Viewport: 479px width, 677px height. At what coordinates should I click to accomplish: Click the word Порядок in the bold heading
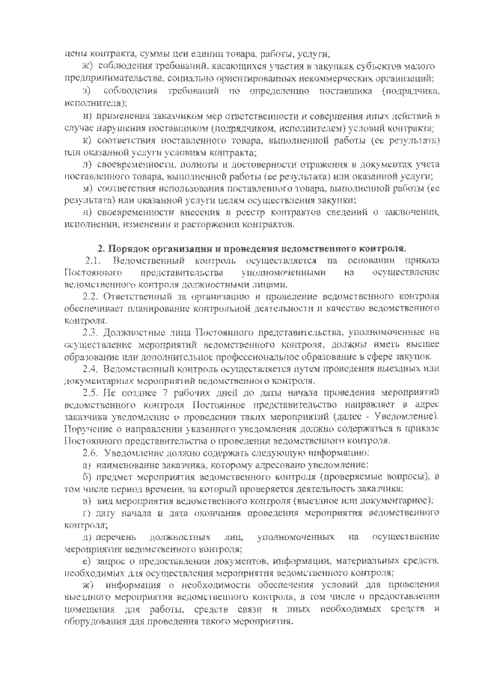tap(134, 248)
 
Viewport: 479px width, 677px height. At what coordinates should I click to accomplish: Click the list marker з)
tap(87, 91)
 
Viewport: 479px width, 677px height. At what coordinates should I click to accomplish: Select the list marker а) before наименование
tap(87, 465)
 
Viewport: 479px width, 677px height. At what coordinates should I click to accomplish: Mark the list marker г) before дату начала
tap(87, 515)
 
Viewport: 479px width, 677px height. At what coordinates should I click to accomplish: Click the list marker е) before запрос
tap(87, 563)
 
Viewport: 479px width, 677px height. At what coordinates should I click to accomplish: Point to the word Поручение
tap(91, 429)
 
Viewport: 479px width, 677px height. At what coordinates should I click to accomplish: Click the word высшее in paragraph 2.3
tap(422, 344)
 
